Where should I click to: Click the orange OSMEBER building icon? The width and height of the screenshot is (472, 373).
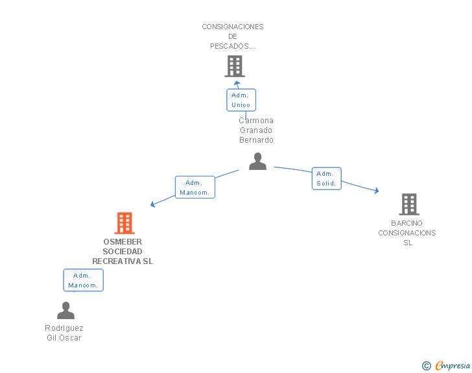124,223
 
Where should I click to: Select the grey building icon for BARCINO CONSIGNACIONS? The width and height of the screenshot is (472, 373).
409,204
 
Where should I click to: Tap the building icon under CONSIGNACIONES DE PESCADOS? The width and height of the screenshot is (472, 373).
235,66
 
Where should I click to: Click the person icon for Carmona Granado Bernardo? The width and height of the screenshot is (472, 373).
257,161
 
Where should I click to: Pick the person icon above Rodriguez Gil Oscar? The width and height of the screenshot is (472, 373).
65,310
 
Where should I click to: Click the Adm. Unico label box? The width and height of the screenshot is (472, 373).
241,100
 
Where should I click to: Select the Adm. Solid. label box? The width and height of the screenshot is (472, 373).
326,178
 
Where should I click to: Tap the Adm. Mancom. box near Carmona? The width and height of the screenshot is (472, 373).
195,187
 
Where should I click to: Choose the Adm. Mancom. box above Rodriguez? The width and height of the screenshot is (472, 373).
84,280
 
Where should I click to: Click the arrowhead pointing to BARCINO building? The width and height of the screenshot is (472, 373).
377,191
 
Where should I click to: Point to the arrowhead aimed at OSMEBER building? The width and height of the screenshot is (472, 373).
152,204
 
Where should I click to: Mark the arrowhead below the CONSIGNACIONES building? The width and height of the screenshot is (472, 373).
237,83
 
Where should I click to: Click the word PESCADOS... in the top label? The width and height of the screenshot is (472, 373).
233,46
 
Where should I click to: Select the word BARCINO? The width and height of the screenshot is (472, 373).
407,223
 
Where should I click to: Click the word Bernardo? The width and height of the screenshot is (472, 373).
256,140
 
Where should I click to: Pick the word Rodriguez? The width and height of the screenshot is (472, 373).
64,328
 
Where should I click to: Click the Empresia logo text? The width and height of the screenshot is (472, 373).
453,365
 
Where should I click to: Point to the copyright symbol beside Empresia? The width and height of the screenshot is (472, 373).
426,366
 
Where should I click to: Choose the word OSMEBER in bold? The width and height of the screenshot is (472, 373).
123,242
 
